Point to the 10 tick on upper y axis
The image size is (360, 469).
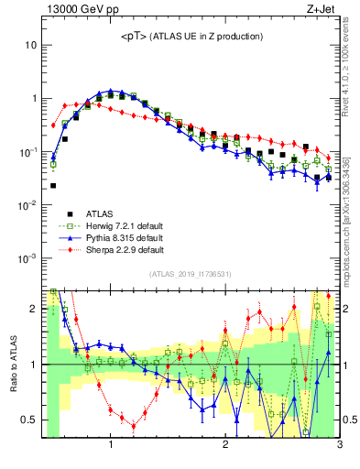click(30, 45)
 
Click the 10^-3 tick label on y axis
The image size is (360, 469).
click(27, 257)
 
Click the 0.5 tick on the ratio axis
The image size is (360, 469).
click(28, 420)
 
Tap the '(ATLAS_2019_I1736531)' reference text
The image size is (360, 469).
click(191, 274)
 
